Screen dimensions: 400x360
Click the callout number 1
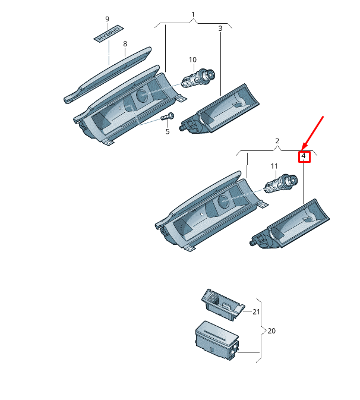pos(192,14)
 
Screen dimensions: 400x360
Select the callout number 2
pos(277,141)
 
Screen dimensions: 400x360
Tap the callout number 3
pos(220,28)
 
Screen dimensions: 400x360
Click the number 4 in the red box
pos(304,156)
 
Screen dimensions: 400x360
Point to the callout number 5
pos(168,131)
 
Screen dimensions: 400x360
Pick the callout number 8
pos(125,44)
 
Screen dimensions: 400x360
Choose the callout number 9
pos(108,19)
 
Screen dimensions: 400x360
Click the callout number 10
pos(192,59)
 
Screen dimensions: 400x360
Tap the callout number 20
pos(271,330)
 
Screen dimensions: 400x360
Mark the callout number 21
pos(256,311)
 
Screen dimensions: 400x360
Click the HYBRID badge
pos(109,33)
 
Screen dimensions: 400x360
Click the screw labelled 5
pos(168,117)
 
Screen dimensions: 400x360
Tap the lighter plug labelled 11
pos(281,182)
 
